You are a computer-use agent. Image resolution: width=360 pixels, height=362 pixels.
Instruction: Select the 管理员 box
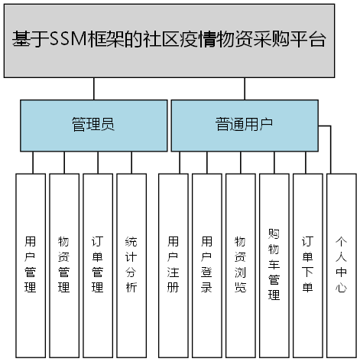coord(93,125)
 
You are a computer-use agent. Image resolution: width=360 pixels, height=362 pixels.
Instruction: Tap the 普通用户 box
coord(245,125)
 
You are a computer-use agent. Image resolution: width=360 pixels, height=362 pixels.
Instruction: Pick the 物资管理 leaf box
coord(64,265)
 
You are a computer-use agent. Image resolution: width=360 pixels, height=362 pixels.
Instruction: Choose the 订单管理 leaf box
coord(97,265)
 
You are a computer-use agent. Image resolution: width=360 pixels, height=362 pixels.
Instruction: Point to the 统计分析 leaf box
coord(131,265)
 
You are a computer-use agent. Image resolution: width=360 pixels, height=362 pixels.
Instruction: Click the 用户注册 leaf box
coord(174,265)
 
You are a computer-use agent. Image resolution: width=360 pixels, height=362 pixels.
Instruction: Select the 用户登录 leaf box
coord(206,265)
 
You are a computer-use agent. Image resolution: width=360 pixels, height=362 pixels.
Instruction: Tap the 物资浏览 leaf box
coord(240,265)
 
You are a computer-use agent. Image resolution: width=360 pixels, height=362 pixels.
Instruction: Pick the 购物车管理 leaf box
coord(274,265)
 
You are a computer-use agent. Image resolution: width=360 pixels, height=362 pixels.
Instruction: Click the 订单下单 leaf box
coord(307,265)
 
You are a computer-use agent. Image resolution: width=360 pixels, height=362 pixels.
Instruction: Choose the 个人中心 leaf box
coord(341,265)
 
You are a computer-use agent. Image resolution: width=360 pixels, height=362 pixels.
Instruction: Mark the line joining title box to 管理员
coord(93,89)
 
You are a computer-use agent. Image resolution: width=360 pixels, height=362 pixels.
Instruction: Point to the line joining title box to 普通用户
coord(245,89)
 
